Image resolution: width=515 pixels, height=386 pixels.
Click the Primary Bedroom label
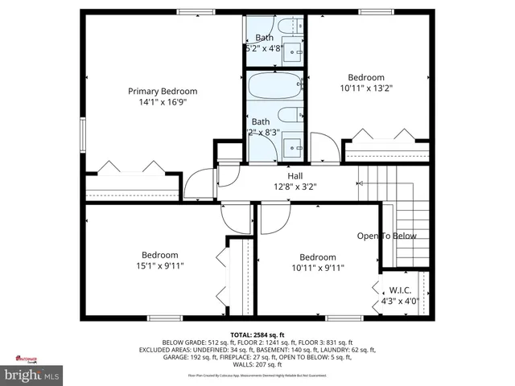(x=163, y=91)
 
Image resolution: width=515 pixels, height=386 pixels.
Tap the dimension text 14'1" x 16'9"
(x=163, y=103)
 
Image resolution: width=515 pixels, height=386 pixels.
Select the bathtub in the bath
(x=276, y=85)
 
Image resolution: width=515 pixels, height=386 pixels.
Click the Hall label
(x=295, y=175)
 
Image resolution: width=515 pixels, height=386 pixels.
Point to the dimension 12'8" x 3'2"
(x=295, y=187)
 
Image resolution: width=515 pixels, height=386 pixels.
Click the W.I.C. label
(x=400, y=290)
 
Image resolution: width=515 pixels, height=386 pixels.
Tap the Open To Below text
(x=387, y=236)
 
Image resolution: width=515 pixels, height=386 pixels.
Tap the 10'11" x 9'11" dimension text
(x=318, y=268)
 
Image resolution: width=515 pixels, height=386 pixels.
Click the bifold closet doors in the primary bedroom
(x=130, y=167)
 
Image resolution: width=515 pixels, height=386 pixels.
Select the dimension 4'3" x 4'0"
(x=400, y=302)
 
